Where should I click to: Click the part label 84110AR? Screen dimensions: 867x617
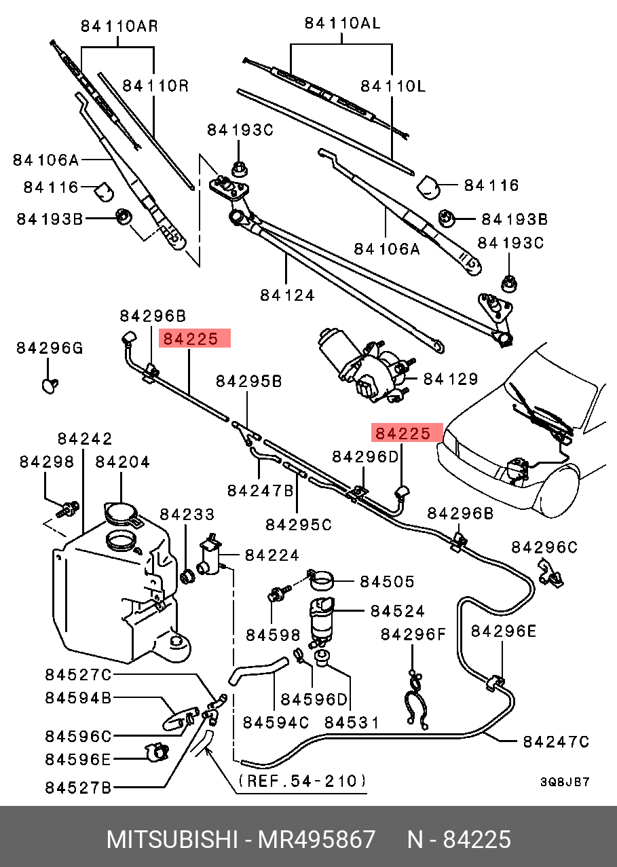tap(119, 27)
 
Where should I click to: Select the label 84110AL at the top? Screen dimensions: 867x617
tap(342, 23)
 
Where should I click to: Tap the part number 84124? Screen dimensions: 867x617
tap(288, 295)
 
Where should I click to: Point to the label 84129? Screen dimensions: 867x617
tap(451, 380)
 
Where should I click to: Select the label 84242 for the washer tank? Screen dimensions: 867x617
tap(85, 439)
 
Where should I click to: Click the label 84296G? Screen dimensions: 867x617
tap(50, 348)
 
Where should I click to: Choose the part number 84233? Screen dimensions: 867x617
tap(187, 514)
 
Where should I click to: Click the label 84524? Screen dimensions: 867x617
tap(398, 611)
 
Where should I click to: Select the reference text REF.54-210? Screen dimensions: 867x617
tap(303, 781)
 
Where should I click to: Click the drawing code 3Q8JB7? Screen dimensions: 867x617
tap(565, 782)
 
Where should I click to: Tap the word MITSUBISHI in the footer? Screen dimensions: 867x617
tap(170, 840)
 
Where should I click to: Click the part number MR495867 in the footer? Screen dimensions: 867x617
tap(316, 840)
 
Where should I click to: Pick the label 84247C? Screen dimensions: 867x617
tap(556, 742)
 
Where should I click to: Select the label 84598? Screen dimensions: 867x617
tap(273, 635)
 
